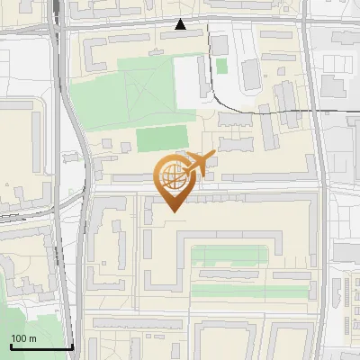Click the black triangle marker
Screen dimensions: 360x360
[181, 24]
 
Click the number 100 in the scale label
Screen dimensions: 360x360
[19, 338]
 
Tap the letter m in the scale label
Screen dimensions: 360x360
[33, 338]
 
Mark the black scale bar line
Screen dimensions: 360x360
[40, 346]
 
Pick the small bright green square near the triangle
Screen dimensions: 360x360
[221, 66]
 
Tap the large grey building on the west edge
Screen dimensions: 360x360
[18, 153]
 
